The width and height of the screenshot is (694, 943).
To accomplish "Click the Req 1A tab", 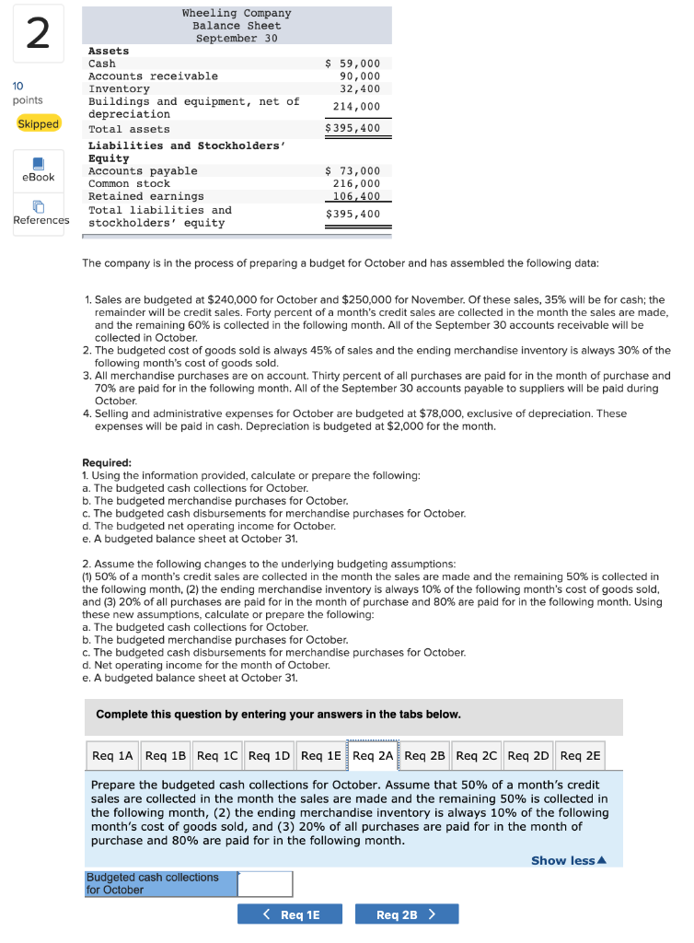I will point(113,756).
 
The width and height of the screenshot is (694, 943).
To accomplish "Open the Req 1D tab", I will point(269,756).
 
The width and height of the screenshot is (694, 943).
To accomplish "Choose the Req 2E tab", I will point(580,756).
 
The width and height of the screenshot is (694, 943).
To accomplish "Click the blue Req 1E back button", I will point(290,914).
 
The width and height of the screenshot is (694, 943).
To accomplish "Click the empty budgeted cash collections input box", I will point(265,884).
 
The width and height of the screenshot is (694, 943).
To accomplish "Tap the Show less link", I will point(569,860).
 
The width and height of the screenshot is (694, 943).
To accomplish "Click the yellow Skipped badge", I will point(39,123).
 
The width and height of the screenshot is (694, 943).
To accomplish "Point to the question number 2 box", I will point(38,34).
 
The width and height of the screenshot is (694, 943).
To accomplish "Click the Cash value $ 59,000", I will point(353,64).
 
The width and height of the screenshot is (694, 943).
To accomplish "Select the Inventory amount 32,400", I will point(360,88).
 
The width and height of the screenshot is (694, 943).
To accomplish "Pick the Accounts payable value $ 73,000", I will point(353,171).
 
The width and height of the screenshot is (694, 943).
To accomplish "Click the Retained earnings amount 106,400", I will point(357,196).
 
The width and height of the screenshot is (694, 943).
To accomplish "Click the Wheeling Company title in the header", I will point(237,13).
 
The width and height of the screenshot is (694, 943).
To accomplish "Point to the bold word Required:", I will point(107,463).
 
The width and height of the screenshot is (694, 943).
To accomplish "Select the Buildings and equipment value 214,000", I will point(357,107).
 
